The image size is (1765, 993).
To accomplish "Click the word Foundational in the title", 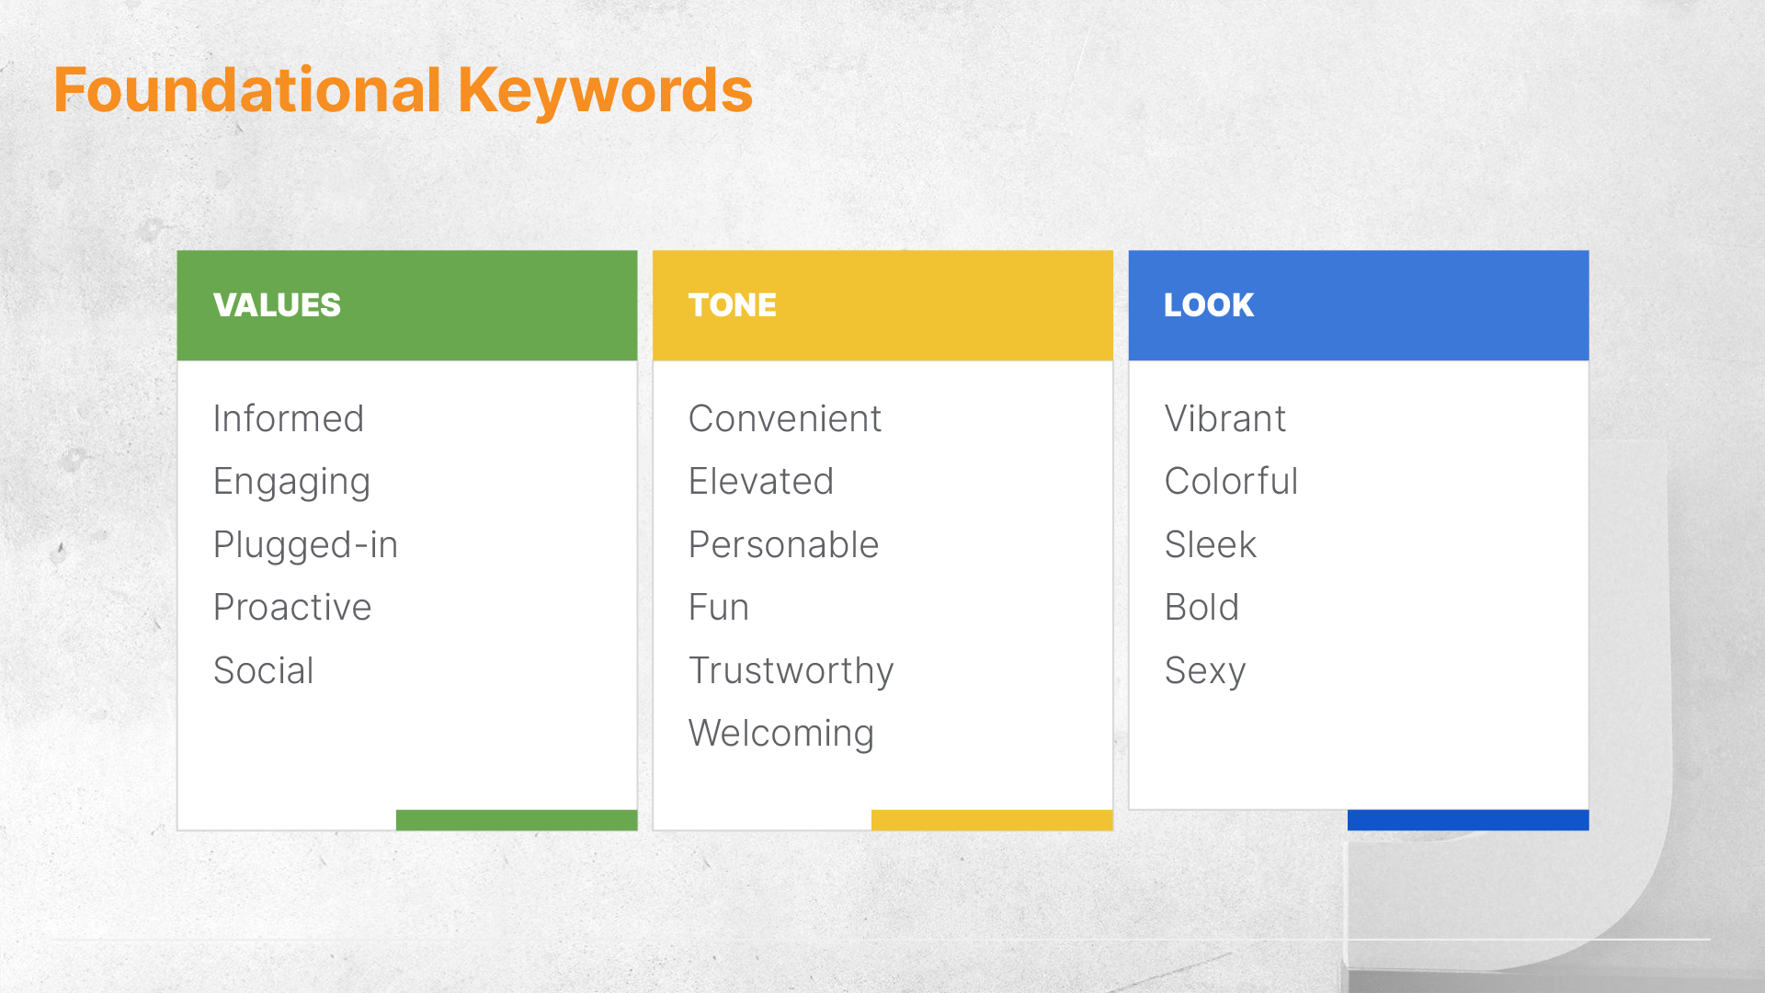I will (x=247, y=90).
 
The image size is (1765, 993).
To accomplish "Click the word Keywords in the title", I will (x=605, y=90).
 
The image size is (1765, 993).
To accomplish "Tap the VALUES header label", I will (x=277, y=305).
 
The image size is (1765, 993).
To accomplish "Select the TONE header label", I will (x=732, y=305).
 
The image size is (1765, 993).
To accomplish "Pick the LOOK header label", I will (x=1208, y=305).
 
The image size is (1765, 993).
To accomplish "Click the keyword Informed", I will (x=288, y=419).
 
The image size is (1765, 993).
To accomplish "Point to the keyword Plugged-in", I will (x=305, y=545).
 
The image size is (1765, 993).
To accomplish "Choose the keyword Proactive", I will (x=292, y=608).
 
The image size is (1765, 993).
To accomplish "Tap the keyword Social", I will (x=264, y=671).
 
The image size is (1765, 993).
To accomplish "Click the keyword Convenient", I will (x=784, y=419).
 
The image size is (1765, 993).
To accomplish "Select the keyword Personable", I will (x=783, y=545).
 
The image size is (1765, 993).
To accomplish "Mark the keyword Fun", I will (x=719, y=608).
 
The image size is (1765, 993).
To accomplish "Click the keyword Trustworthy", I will (x=791, y=671).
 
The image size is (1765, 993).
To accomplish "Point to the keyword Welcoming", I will (x=780, y=734).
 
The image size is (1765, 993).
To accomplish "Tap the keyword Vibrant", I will (x=1224, y=419).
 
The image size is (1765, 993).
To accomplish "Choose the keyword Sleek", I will (x=1210, y=545).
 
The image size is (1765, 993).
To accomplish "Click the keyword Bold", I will (x=1201, y=608).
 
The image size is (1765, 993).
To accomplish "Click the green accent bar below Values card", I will (x=517, y=820).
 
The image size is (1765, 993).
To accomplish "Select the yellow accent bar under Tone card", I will (x=992, y=820).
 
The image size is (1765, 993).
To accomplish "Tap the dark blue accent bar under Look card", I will (x=1468, y=820).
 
